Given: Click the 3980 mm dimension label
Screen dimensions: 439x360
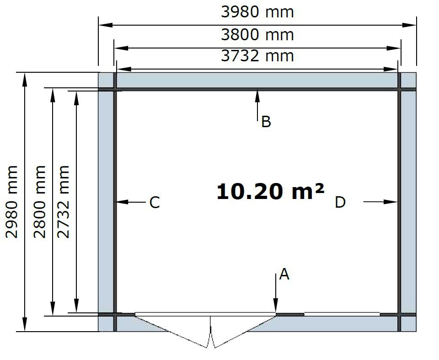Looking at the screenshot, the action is pyautogui.click(x=257, y=12).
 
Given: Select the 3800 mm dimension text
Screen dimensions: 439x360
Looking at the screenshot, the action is pyautogui.click(x=257, y=35).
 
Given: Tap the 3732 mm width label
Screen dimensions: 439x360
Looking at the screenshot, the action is pyautogui.click(x=257, y=56).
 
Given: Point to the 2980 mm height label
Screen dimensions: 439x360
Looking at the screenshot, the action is pyautogui.click(x=12, y=202).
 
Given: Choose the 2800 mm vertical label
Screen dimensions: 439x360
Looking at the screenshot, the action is pyautogui.click(x=39, y=202).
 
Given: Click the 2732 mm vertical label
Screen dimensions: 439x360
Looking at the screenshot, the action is pyautogui.click(x=63, y=202).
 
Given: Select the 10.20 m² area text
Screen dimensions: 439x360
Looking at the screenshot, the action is pyautogui.click(x=270, y=192).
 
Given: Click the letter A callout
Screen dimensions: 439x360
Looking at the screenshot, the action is pyautogui.click(x=284, y=274).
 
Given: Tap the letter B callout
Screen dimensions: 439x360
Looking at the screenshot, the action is pyautogui.click(x=266, y=122).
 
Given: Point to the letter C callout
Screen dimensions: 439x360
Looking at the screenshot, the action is pyautogui.click(x=155, y=202).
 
